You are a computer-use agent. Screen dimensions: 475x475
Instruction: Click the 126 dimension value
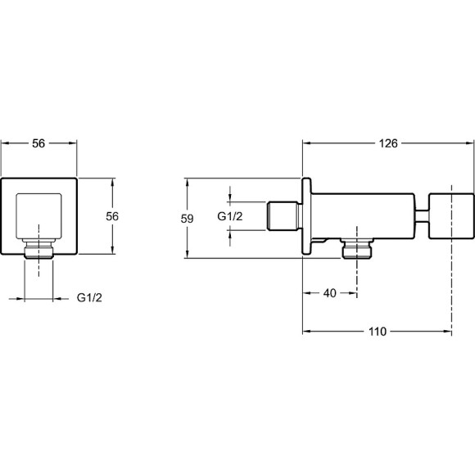pos(388,143)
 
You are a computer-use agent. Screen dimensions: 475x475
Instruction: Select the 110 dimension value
pos(378,332)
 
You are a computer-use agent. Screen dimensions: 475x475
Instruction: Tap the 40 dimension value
pos(330,293)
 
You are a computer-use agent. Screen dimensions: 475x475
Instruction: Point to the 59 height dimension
pos(187,219)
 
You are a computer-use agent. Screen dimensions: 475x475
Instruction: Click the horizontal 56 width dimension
pos(38,143)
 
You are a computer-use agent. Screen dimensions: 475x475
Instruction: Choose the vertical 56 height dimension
pos(112,216)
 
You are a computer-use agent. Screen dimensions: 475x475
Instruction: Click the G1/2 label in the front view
pos(89,298)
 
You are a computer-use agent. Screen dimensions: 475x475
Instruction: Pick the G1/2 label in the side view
pos(230,216)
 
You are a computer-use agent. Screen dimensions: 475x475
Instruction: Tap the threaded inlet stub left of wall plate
pos(284,216)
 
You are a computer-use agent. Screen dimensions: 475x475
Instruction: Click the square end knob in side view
pos(451,216)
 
